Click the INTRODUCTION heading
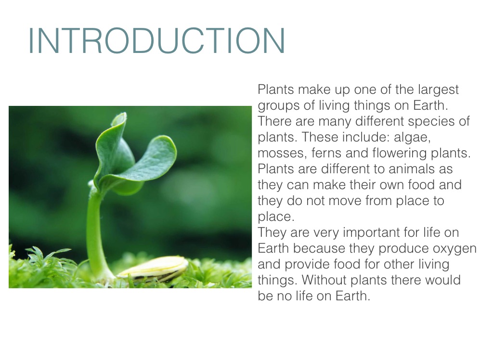tap(156, 41)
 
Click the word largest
tap(438, 90)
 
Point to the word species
tap(434, 122)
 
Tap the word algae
tap(412, 138)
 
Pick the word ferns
tap(326, 153)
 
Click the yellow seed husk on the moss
tap(155, 268)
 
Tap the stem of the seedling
tap(96, 232)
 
